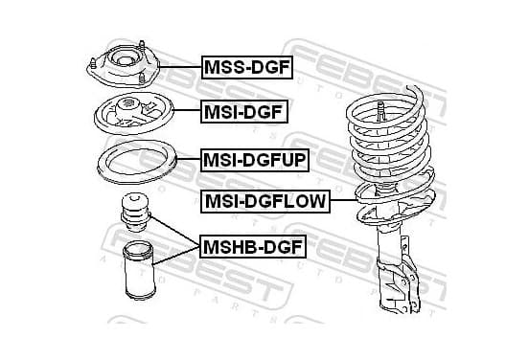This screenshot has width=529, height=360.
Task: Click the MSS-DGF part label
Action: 247,67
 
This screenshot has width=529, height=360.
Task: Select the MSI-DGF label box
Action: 244,112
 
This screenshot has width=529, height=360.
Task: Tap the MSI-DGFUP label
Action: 255,160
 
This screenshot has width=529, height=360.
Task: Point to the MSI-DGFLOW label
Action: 265,201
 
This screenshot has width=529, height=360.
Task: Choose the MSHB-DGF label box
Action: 253,247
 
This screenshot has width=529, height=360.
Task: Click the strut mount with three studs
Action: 123,64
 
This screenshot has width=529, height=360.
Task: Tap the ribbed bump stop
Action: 135,212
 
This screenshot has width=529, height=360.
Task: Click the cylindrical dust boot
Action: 139,270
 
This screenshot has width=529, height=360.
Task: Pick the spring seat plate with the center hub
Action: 134,113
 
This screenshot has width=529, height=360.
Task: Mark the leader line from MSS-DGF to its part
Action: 180,67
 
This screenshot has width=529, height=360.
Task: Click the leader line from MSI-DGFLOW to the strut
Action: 344,200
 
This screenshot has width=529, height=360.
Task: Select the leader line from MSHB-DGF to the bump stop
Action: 174,232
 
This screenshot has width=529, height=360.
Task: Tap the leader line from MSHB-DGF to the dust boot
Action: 176,256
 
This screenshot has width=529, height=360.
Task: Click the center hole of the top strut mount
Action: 124,61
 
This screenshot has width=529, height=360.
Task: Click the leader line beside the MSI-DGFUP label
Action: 189,159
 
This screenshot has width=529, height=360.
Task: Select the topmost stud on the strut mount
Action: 142,46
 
